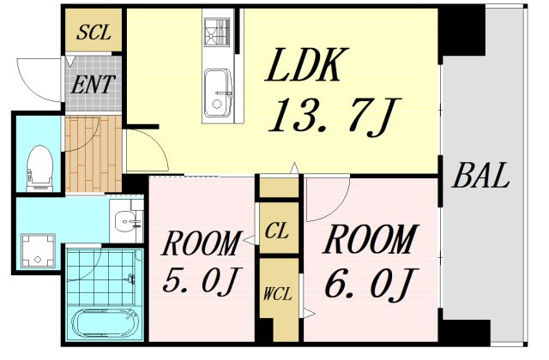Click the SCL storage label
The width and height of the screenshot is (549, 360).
point(94,33)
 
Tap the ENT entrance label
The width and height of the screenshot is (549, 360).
point(93,84)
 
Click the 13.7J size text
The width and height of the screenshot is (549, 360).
point(334,116)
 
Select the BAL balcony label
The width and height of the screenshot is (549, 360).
point(480,175)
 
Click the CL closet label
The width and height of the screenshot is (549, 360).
point(276,231)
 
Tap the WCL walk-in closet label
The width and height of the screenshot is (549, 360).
point(277,294)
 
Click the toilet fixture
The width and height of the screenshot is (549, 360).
point(39,168)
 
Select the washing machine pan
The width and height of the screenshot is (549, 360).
point(38,251)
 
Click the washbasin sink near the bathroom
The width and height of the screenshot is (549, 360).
point(126,221)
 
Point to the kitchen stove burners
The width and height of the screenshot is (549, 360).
point(218,32)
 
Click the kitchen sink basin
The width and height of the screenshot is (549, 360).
point(218,93)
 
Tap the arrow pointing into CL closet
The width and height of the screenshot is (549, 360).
point(250,240)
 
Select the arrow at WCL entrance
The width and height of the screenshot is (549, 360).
point(309,313)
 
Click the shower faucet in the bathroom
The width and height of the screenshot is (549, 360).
point(131,279)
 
